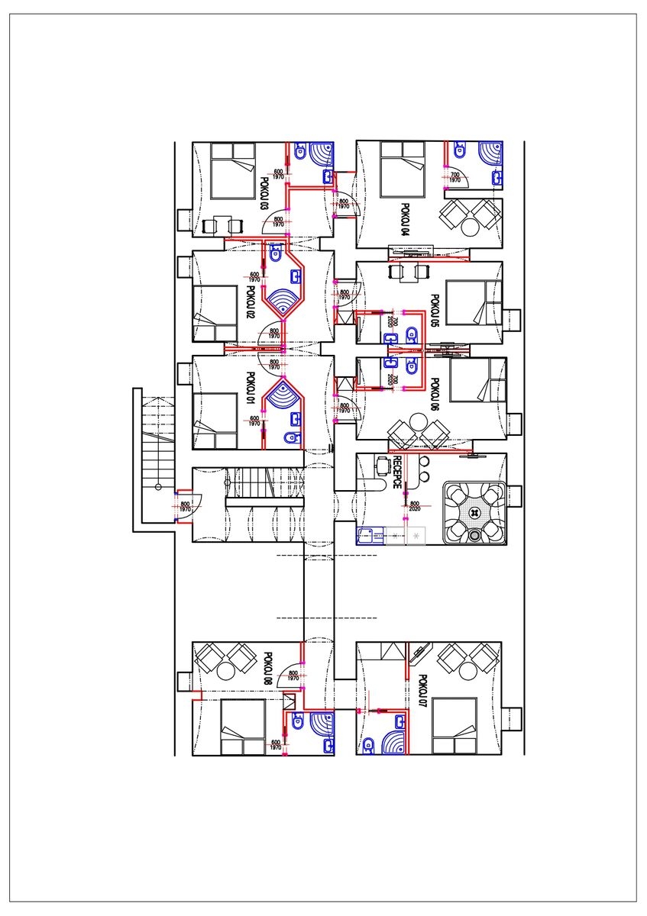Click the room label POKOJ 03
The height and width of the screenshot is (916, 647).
[x=264, y=194]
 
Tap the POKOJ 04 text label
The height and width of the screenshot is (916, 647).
[x=404, y=219]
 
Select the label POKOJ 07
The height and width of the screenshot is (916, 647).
[x=422, y=691]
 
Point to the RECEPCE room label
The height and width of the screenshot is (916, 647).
[x=397, y=472]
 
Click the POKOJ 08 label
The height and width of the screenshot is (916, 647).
[x=267, y=669]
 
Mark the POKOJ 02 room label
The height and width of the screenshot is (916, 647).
[x=250, y=302]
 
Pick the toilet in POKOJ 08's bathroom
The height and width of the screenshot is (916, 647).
[x=297, y=721]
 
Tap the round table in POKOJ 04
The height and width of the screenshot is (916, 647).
[x=468, y=227]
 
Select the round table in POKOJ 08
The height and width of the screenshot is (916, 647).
[x=225, y=672]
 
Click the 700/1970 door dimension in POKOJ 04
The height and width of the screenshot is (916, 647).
[x=455, y=177]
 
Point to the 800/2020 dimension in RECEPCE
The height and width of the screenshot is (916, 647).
[x=415, y=506]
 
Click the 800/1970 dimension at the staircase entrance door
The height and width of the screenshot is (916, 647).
[x=185, y=506]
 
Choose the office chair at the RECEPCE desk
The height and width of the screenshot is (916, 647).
[x=380, y=463]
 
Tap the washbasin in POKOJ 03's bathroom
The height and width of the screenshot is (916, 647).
[x=328, y=177]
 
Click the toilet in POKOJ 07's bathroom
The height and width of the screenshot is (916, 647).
[x=369, y=744]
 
